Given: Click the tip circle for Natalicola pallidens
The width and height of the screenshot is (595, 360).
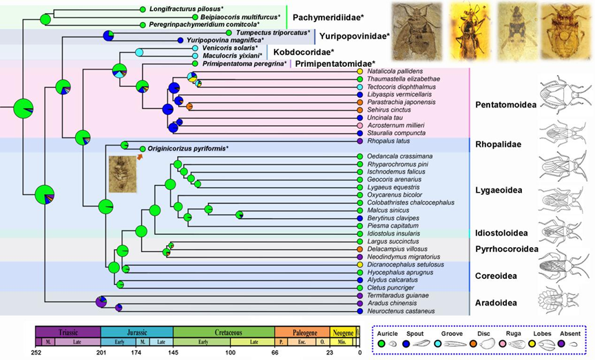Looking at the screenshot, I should (360, 72).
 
